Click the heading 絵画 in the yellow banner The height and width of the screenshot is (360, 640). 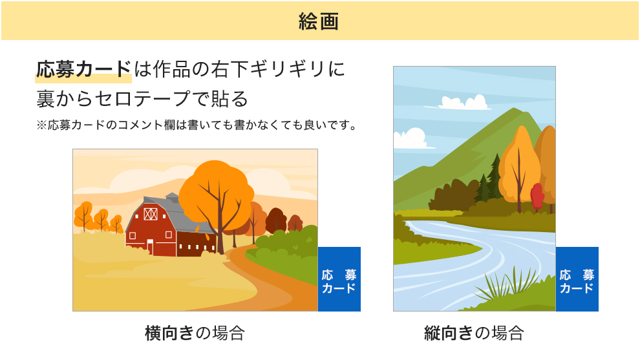tap(319, 21)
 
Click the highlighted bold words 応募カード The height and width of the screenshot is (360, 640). tap(83, 69)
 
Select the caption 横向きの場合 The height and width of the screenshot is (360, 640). tap(195, 333)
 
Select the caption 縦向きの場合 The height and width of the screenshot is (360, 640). tap(474, 333)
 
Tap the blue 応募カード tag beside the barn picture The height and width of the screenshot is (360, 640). tap(339, 279)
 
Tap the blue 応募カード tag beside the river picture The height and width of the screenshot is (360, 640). tap(577, 279)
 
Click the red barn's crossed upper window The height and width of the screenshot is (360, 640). tap(151, 214)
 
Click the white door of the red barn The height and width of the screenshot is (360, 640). tap(150, 248)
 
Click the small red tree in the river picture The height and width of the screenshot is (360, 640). tap(537, 196)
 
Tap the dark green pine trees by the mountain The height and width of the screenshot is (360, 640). tap(489, 182)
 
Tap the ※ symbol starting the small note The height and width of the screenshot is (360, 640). tap(41, 125)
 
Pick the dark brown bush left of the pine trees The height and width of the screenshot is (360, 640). tap(453, 195)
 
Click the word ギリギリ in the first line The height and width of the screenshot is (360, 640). tap(289, 69)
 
